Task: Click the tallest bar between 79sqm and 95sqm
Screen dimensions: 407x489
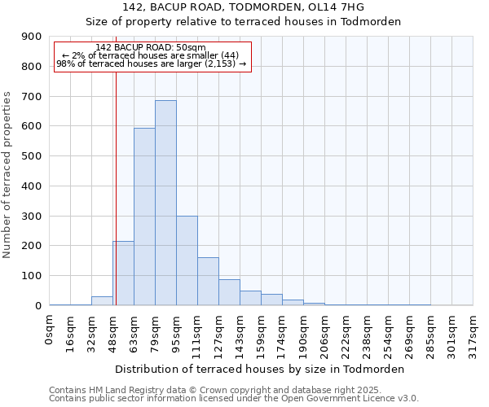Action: tap(165, 203)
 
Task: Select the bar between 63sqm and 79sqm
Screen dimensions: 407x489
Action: tap(144, 217)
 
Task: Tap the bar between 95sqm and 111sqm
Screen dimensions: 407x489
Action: tap(187, 260)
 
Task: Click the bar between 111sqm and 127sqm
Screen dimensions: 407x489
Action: tap(208, 282)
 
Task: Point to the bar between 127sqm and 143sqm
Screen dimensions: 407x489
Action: tap(229, 292)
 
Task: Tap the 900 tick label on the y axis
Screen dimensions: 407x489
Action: tap(32, 37)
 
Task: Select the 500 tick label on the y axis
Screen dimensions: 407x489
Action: tap(32, 156)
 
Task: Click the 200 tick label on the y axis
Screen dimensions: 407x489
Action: tap(32, 246)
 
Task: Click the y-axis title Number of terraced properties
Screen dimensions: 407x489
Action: tap(9, 175)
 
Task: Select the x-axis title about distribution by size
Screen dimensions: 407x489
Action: tap(261, 369)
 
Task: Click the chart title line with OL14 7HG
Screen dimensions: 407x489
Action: tap(244, 7)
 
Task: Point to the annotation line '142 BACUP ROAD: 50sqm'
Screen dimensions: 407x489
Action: tap(151, 48)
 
